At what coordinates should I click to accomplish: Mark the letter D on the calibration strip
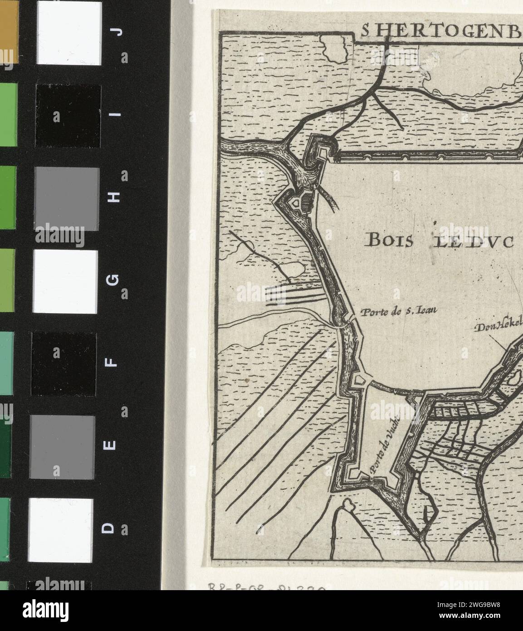pyautogui.click(x=109, y=527)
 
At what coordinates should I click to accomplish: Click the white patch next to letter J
pyautogui.click(x=69, y=32)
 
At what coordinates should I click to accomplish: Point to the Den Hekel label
pyautogui.click(x=498, y=325)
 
